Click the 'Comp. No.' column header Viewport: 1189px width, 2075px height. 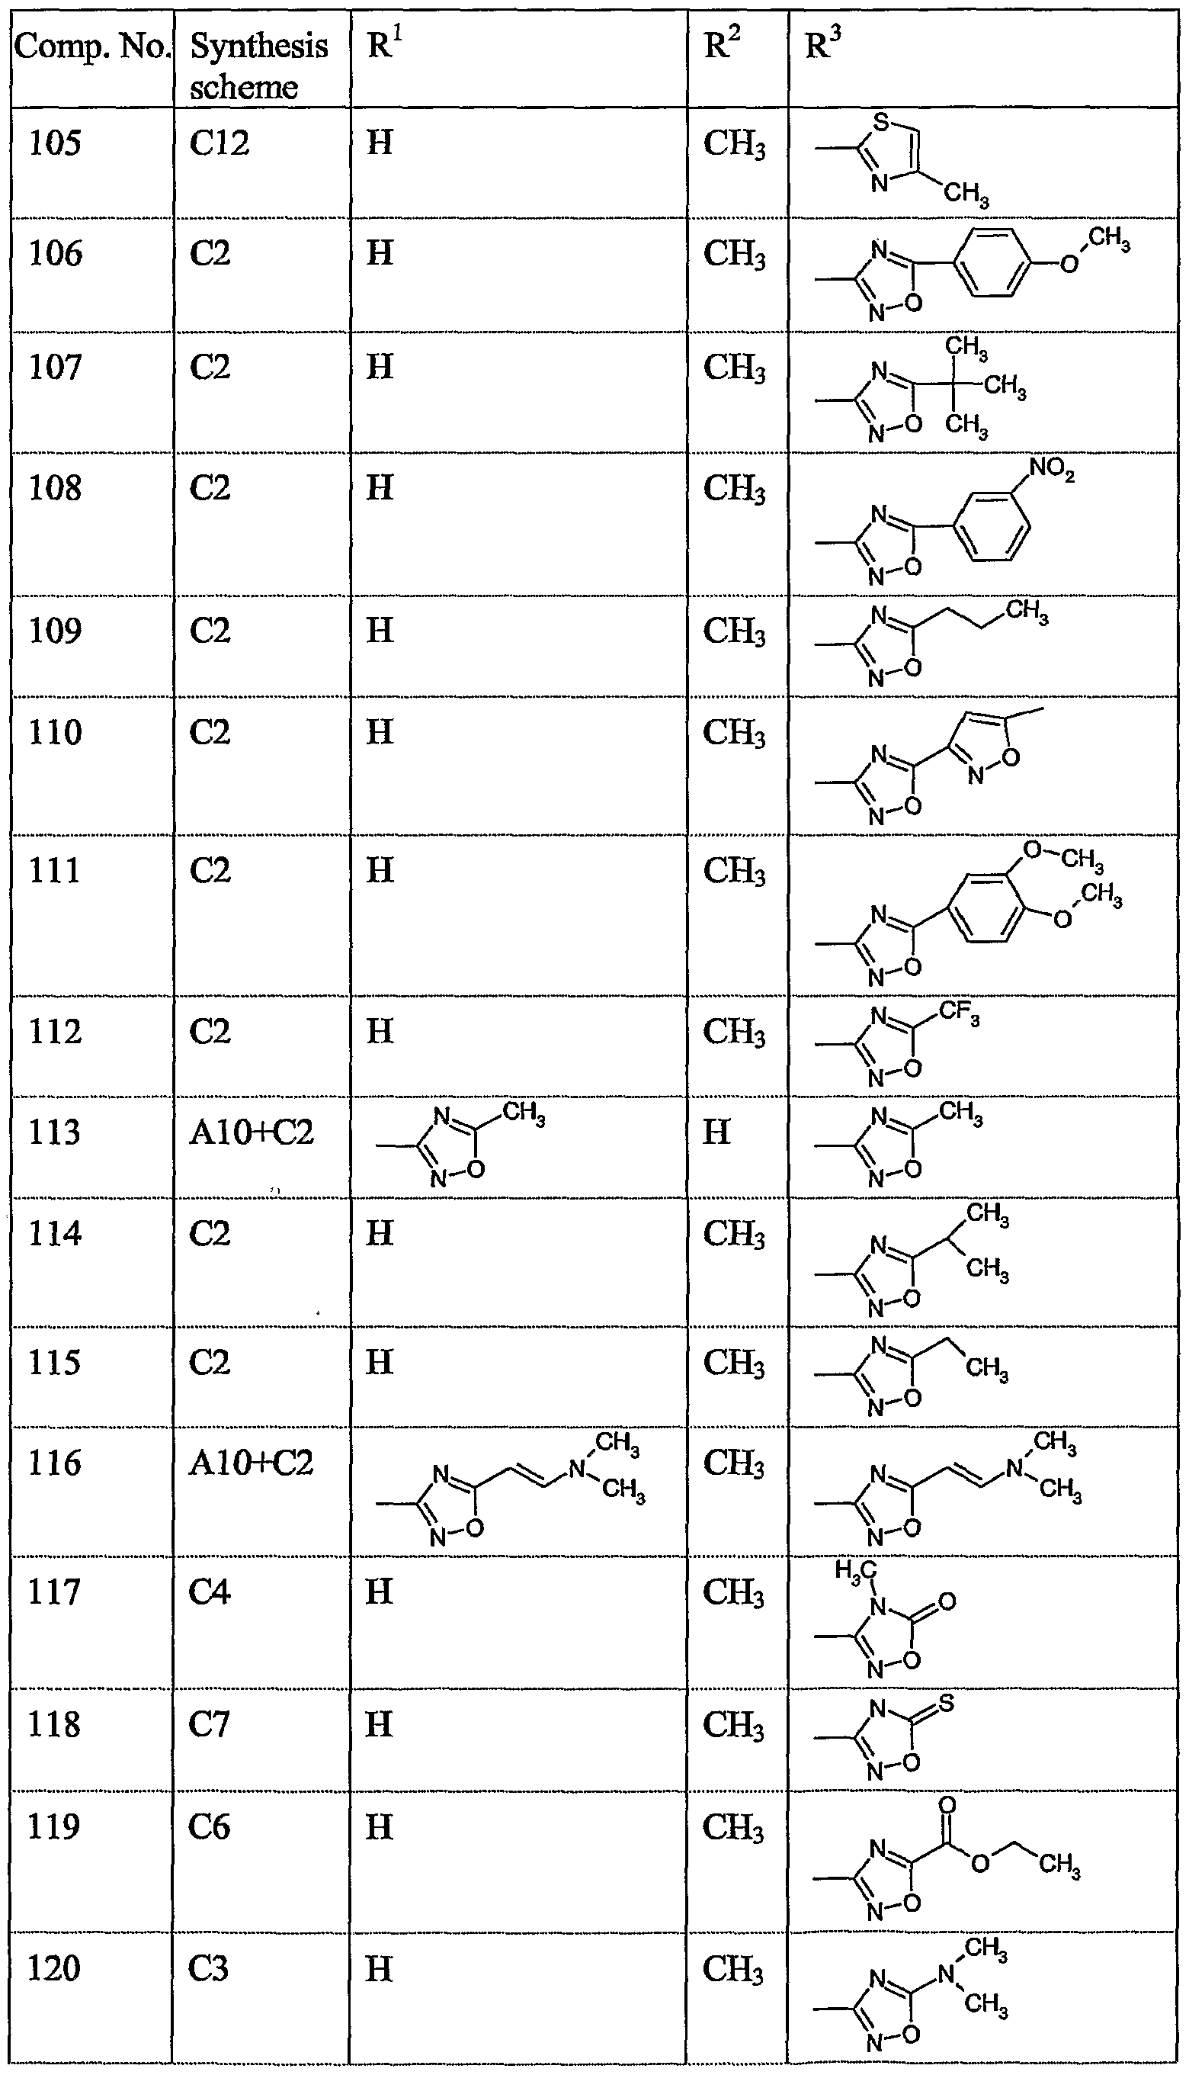click(91, 47)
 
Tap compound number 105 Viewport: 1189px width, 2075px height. click(56, 144)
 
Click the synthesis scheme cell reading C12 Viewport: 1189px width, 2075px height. click(219, 144)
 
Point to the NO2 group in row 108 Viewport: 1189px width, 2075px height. click(1052, 471)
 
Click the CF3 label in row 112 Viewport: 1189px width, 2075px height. click(959, 1013)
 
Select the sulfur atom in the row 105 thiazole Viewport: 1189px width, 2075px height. click(880, 123)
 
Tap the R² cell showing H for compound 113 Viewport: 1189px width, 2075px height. click(716, 1133)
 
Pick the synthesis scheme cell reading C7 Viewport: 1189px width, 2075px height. click(209, 1724)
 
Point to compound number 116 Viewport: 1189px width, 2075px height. click(56, 1463)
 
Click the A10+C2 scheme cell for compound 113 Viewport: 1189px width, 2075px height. click(252, 1133)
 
